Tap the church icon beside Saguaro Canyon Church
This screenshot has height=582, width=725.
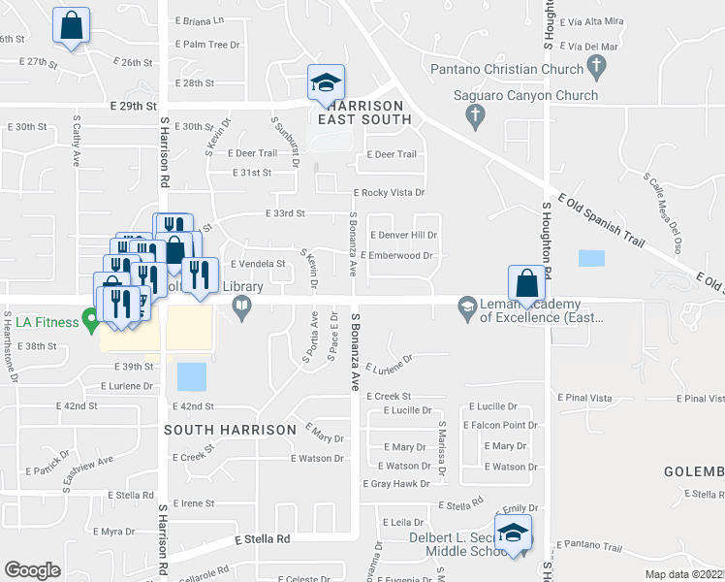[x=475, y=117]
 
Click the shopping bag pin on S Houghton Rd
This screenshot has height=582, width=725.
[x=526, y=283]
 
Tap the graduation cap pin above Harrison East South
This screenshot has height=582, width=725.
[x=326, y=81]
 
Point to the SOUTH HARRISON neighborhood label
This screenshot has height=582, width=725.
[x=230, y=429]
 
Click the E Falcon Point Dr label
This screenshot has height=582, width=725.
[x=500, y=426]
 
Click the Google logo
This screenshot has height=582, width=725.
[x=32, y=569]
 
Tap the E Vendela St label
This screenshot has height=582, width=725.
[x=258, y=263]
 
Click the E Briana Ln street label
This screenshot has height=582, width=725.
[x=200, y=20]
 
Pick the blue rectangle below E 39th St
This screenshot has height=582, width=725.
[x=192, y=376]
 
